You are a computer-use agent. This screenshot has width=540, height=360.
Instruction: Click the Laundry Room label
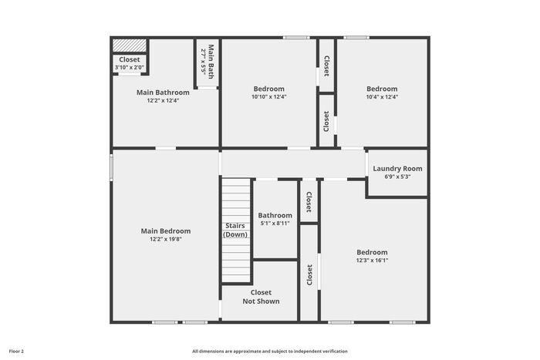point(397,169)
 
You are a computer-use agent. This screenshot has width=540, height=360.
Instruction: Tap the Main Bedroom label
point(166,231)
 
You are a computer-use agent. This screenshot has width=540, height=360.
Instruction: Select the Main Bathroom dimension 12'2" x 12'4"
point(164,100)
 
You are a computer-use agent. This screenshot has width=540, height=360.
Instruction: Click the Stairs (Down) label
point(235,230)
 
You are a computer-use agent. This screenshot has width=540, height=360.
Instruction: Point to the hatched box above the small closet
point(130,45)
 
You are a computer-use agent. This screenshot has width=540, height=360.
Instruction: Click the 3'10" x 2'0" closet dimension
point(130,68)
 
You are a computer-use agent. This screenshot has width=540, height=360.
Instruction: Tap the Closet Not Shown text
point(261,297)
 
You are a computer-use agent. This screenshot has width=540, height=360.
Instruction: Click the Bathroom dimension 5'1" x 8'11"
point(275,224)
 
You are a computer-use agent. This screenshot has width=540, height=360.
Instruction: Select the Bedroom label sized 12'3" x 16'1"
point(372,252)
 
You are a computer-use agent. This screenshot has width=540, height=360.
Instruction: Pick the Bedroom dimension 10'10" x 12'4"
point(269,96)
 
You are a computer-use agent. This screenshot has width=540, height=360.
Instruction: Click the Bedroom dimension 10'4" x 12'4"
point(382,96)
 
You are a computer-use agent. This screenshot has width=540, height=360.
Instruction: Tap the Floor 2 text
point(16,352)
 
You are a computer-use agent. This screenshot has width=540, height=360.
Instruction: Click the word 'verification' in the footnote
point(336,352)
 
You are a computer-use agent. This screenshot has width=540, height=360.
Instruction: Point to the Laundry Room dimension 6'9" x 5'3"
point(397,177)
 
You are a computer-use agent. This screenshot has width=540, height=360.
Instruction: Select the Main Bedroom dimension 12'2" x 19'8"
point(166,239)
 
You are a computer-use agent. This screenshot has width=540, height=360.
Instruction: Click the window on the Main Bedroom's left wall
point(111,167)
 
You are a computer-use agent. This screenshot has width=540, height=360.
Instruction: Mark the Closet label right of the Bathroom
point(309,202)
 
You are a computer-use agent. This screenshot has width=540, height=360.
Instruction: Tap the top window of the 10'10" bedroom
point(296,38)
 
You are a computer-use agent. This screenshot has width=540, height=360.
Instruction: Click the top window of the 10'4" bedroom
point(356,38)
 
